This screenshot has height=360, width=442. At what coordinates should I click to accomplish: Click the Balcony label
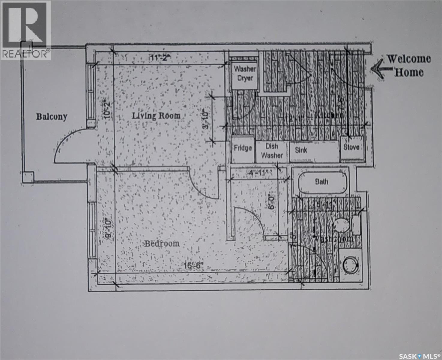point(52,117)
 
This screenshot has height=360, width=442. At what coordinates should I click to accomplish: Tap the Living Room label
point(156,116)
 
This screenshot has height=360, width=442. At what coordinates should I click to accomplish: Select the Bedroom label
point(162,243)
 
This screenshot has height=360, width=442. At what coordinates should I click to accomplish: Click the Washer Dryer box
point(245,73)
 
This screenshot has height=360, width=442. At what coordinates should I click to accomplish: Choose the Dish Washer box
point(272,151)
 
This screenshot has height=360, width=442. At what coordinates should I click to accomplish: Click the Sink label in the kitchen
point(301,150)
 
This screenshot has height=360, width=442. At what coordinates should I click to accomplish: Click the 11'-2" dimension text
point(160,57)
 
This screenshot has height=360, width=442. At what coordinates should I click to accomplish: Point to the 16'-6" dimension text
point(194,266)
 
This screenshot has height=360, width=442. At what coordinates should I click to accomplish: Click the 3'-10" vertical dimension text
point(206,119)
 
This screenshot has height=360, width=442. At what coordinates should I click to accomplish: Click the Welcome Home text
point(409,65)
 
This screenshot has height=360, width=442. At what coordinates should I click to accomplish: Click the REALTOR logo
point(25,30)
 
